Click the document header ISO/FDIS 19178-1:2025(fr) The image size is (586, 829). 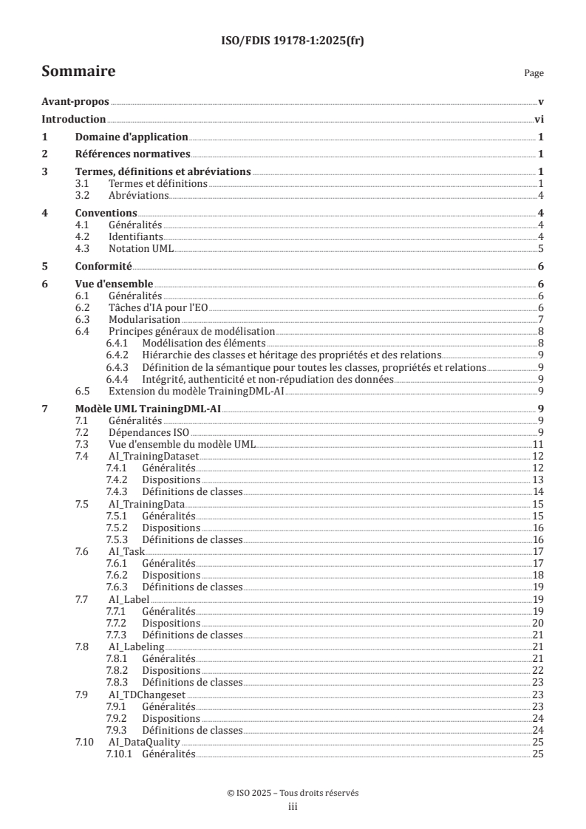tap(293, 41)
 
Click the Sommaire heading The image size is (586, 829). tap(78, 72)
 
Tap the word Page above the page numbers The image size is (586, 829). tap(534, 74)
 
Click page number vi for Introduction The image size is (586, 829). tap(539, 119)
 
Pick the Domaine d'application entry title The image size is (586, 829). tap(132, 137)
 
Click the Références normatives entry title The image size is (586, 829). tap(133, 154)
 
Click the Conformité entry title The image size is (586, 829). tap(103, 266)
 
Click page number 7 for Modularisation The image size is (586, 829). tap(541, 319)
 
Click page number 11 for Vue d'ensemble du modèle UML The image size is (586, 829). tap(539, 443)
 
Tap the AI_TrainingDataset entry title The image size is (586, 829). tap(152, 455)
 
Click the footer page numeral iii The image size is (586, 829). tap(293, 808)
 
